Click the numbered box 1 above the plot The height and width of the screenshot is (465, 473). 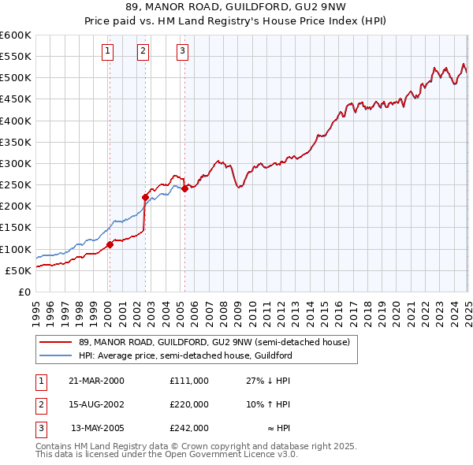[107, 52]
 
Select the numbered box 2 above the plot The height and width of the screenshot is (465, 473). [143, 52]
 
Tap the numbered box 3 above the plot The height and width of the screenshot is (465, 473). [182, 52]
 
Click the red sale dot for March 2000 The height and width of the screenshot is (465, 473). [110, 244]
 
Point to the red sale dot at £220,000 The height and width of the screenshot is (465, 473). [145, 197]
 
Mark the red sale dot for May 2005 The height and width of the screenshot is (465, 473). [184, 188]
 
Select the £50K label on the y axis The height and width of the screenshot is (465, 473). [18, 270]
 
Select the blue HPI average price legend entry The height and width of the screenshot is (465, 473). [185, 355]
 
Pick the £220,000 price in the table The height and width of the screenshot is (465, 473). [189, 404]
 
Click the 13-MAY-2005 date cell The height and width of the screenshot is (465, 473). [98, 429]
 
